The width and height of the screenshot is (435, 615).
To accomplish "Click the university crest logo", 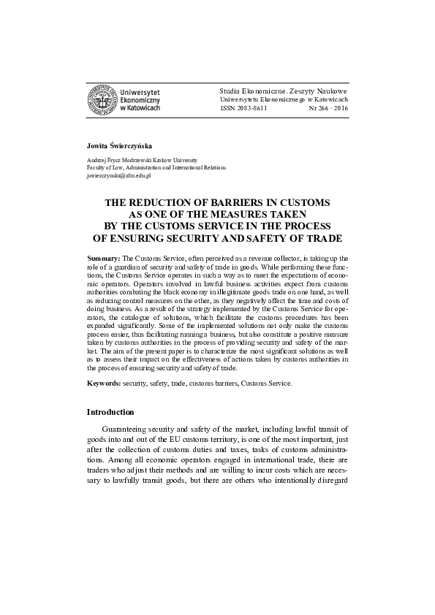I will pyautogui.click(x=101, y=99).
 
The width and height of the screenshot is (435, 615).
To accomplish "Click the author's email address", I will pyautogui.click(x=118, y=176).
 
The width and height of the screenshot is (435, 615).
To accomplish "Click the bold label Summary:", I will pyautogui.click(x=103, y=259).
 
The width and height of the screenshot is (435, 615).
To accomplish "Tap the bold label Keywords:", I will pyautogui.click(x=105, y=383).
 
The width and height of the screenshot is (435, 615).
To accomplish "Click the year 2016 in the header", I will pyautogui.click(x=341, y=107).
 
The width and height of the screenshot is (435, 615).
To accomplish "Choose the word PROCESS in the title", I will pyautogui.click(x=310, y=226).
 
